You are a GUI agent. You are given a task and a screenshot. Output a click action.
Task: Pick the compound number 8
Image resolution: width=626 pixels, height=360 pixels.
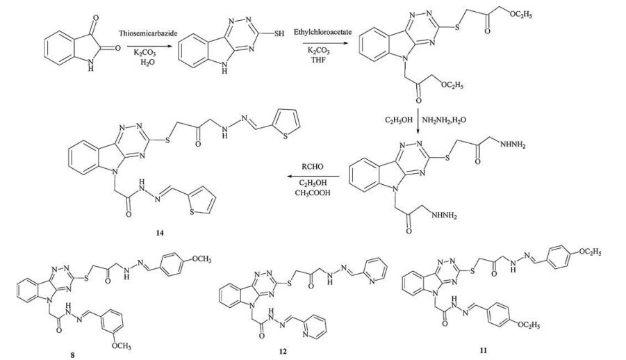coord(71,353)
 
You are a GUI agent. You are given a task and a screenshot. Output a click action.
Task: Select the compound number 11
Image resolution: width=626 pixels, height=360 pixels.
coord(484,350)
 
